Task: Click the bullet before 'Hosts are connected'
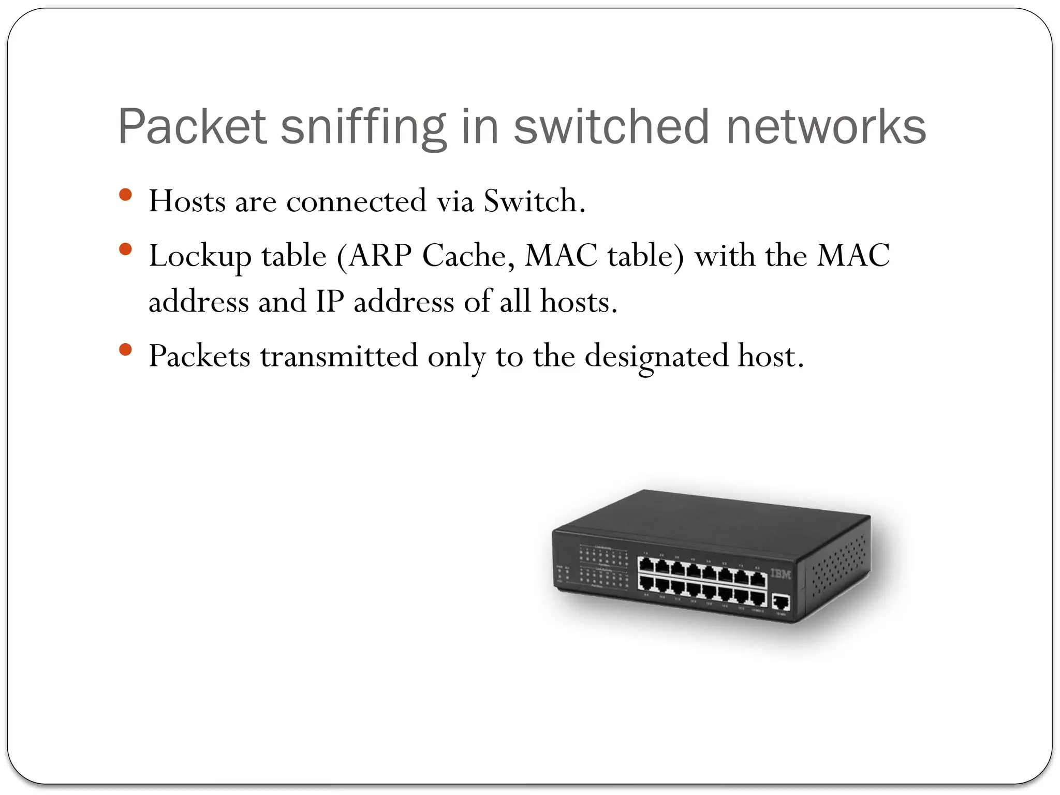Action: pos(125,195)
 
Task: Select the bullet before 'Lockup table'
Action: pos(125,250)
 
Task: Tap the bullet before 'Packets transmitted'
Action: pos(125,350)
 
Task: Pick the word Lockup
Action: pos(200,256)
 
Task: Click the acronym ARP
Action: pos(380,256)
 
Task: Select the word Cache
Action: pos(465,256)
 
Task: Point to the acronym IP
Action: pos(330,301)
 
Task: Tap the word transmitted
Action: pos(339,356)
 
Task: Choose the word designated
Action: pos(656,356)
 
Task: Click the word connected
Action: pos(357,201)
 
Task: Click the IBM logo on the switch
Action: pos(781,574)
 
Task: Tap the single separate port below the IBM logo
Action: pos(781,602)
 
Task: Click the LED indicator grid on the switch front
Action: pos(603,567)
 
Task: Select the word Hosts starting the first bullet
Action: pos(187,201)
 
